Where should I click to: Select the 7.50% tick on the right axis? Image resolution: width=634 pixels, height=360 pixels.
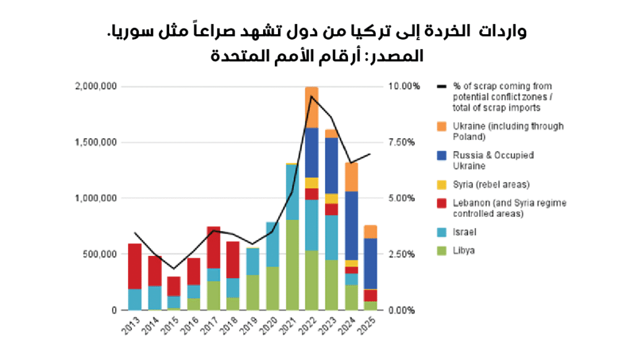[403, 143]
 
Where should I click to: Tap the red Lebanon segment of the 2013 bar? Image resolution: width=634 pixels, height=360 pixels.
[135, 266]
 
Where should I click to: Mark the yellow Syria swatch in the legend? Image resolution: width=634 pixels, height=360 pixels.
[441, 185]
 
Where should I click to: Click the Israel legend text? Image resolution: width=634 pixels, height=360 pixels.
[466, 232]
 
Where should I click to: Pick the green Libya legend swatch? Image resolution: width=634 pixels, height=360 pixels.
[441, 251]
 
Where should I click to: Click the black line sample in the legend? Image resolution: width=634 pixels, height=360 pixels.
[441, 87]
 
